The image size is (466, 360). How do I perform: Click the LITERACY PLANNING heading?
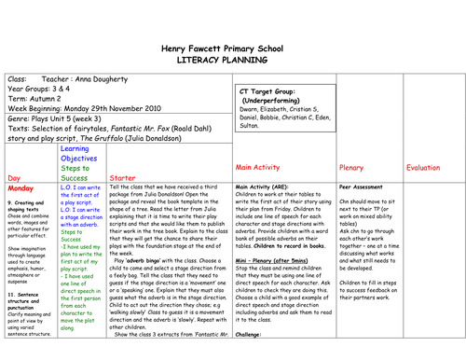click(x=233, y=58)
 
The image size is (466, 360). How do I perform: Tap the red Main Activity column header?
click(x=265, y=168)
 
